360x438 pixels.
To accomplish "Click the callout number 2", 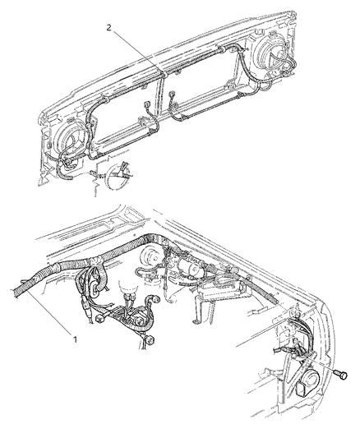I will point(109,27).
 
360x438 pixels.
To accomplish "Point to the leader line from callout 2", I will point(136,49).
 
